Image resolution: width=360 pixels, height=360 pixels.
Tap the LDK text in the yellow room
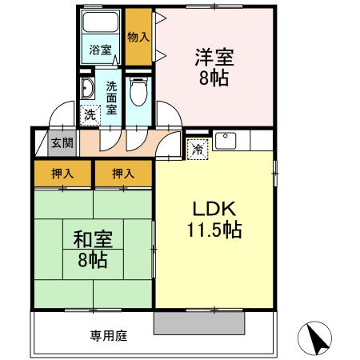tap(211, 210)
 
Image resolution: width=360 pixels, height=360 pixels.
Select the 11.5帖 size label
tap(211, 230)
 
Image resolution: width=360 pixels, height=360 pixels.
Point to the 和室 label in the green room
tap(93, 239)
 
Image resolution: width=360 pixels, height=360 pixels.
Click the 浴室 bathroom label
tap(100, 49)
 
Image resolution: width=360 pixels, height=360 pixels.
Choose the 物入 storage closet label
tap(138, 37)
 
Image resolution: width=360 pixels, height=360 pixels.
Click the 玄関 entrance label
tap(62, 143)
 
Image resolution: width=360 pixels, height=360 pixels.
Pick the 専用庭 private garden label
tap(109, 335)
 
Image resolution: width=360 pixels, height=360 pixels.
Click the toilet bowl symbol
tap(139, 93)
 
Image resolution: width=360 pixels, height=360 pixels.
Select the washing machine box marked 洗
tap(90, 114)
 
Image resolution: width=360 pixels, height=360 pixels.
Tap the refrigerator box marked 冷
tap(198, 148)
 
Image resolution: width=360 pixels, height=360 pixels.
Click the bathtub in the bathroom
tap(101, 24)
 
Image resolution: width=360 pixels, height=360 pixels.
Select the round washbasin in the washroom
tap(87, 88)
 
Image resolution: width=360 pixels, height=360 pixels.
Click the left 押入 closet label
tap(62, 172)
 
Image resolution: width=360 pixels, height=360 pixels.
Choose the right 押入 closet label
tap(122, 172)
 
